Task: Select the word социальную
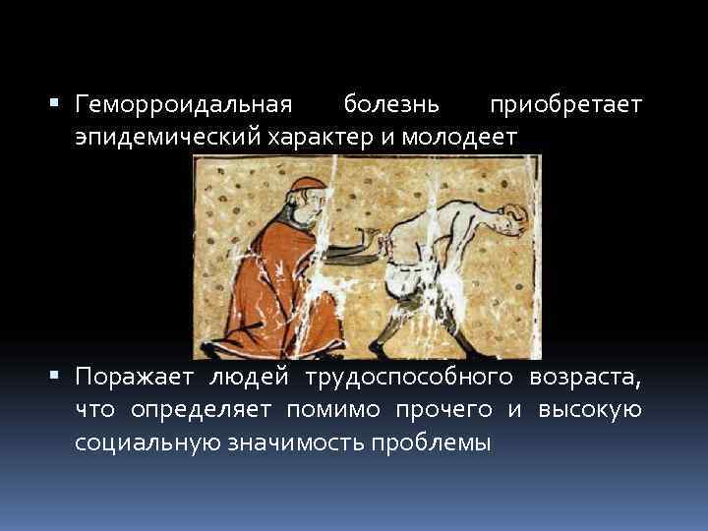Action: pyautogui.click(x=148, y=442)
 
